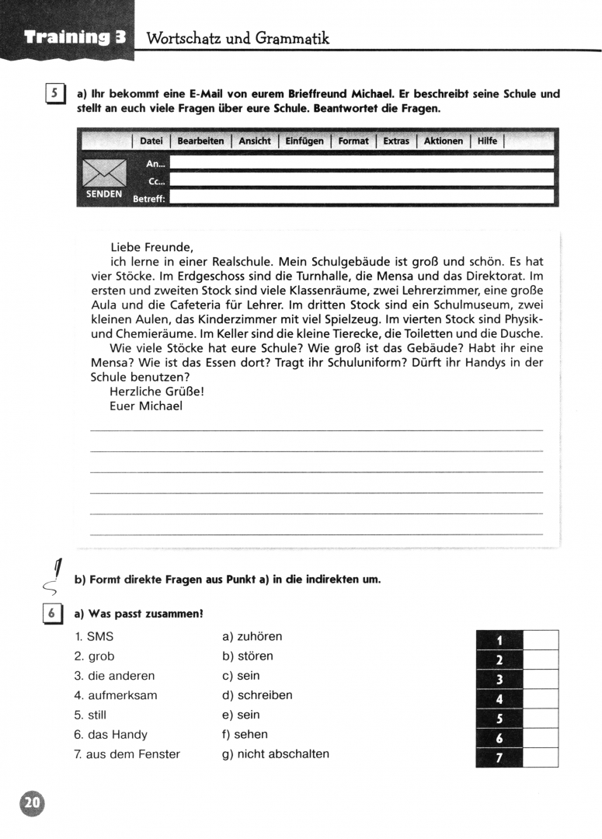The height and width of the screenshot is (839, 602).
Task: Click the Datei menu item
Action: point(151,141)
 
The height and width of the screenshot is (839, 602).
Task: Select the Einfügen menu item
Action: point(304,141)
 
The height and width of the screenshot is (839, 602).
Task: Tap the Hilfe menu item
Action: point(487,141)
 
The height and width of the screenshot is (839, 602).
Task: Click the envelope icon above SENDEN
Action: point(104,172)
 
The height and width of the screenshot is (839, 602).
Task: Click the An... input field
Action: point(361,162)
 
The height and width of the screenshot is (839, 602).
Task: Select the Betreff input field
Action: point(361,197)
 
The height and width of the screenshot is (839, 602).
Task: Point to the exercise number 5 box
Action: point(54,95)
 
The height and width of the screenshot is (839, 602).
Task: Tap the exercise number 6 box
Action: point(52,613)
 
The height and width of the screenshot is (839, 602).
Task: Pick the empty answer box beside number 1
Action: point(541,640)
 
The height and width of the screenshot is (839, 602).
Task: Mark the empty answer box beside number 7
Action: point(541,757)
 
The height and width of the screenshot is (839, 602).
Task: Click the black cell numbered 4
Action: point(499,699)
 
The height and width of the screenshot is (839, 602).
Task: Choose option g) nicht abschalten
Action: point(276,754)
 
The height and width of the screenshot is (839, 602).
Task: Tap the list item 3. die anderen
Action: point(114,676)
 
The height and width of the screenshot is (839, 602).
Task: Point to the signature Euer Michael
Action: point(146,406)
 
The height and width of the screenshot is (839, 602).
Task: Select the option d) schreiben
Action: point(257,695)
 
